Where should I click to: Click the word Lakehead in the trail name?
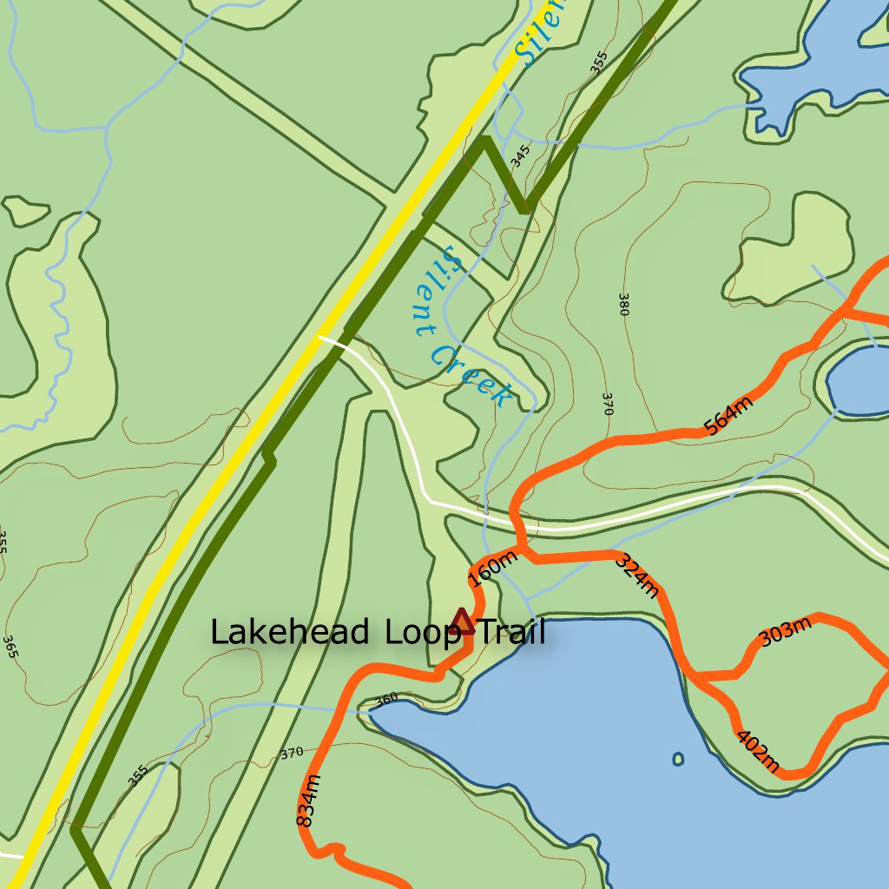pos(289,632)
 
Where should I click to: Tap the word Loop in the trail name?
pos(423,633)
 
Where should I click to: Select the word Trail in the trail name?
pos(511,633)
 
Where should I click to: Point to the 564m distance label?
pos(728,415)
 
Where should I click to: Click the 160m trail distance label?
pos(491,569)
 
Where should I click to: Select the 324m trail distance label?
pos(637,576)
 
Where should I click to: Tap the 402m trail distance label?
pos(757,751)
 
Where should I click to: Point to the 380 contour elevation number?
pos(623,304)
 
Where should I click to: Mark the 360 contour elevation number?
pos(385,698)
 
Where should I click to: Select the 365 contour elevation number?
pos(10,647)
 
